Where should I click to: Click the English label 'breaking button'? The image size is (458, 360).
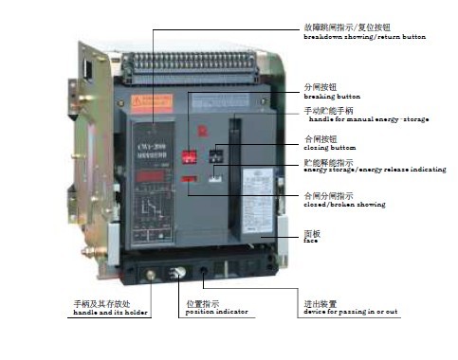(332, 97)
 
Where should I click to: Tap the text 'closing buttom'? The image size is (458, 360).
(331, 149)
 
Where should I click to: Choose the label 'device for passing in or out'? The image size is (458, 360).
(351, 312)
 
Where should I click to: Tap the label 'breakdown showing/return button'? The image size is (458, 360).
(364, 36)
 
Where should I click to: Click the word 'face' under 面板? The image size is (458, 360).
(310, 241)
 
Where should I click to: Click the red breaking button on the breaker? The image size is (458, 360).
(191, 154)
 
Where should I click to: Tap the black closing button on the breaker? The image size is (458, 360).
(217, 154)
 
